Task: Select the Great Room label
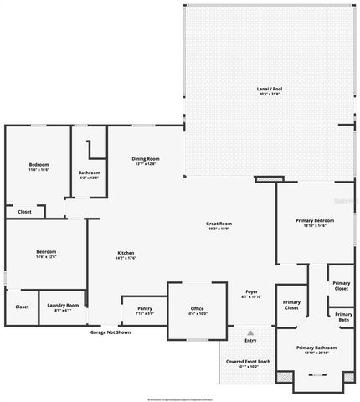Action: [x=219, y=223]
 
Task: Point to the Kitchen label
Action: [x=126, y=253]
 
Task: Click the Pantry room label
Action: [x=145, y=308]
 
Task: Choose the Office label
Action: [x=197, y=308]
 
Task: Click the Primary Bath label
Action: [x=343, y=317]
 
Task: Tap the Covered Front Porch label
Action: [x=246, y=361]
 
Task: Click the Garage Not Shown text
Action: [x=111, y=332]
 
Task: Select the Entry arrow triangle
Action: [x=249, y=332]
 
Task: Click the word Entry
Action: [x=249, y=340]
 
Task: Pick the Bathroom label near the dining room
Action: [x=89, y=173]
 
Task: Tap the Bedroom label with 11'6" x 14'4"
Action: [x=39, y=164]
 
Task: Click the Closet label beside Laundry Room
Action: [x=22, y=307]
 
